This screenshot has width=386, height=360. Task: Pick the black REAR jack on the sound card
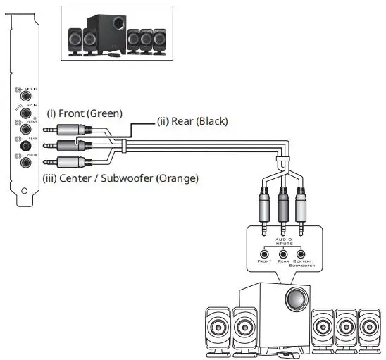point(26,144)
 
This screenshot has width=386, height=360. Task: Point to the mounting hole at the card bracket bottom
point(25,190)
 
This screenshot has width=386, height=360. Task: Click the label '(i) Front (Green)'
point(84,113)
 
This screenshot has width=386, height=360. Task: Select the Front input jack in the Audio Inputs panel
point(264,254)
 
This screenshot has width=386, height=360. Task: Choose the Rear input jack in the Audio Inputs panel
point(282,254)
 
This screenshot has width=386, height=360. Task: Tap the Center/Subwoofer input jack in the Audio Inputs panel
point(301,254)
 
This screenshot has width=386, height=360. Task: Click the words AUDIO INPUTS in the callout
point(282,241)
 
